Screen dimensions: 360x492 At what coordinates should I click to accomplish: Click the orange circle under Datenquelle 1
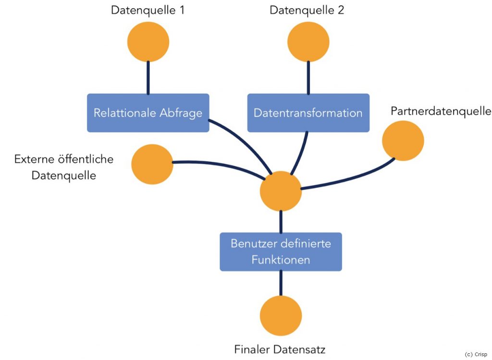[148, 41]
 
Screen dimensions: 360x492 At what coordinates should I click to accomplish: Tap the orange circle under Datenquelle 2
[308, 41]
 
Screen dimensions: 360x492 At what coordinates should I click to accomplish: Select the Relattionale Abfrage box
[148, 113]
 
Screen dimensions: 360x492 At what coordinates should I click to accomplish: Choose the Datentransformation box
[308, 113]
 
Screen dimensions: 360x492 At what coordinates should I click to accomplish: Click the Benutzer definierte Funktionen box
[281, 252]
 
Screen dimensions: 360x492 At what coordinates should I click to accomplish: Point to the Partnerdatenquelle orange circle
[403, 141]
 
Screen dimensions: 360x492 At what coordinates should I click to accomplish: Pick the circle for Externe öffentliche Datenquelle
[152, 164]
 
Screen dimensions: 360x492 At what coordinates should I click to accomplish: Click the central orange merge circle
[281, 191]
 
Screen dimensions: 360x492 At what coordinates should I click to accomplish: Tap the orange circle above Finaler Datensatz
[281, 315]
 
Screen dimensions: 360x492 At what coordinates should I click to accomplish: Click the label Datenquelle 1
[148, 10]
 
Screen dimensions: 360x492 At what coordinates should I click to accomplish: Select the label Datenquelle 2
[307, 10]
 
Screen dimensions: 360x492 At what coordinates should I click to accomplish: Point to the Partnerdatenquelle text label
[441, 111]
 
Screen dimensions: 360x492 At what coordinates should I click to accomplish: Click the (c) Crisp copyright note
[476, 354]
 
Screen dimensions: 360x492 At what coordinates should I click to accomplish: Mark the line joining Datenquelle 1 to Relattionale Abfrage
[148, 77]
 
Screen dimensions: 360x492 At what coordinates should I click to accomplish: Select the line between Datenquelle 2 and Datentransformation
[308, 77]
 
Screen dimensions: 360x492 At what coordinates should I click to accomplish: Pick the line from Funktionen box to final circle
[281, 283]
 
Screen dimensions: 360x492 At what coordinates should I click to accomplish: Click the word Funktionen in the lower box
[281, 260]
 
